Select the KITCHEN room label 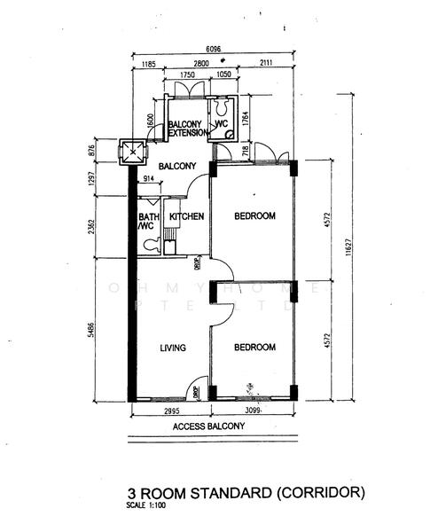click(187, 216)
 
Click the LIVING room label click(172, 348)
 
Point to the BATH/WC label click(147, 222)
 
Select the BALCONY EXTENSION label click(186, 129)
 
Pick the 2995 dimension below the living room click(170, 412)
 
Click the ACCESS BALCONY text click(208, 426)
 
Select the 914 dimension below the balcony click(148, 180)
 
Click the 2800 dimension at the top click(199, 65)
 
